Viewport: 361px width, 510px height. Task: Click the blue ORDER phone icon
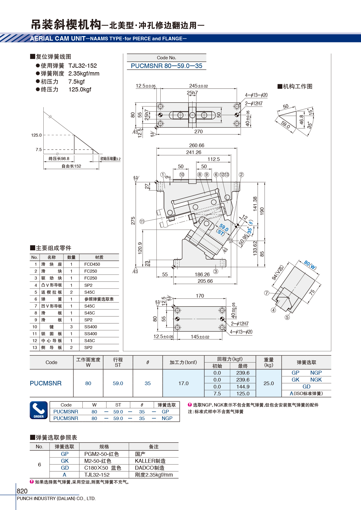[x=39, y=410]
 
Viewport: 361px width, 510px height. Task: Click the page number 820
[x=22, y=491]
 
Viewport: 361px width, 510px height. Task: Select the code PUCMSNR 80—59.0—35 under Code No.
[x=166, y=66]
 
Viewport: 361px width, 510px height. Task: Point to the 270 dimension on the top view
[x=199, y=131]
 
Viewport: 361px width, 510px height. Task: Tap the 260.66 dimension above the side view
[x=197, y=145]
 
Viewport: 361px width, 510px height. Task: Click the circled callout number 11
[x=142, y=221]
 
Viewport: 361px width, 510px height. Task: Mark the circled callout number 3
[x=216, y=271]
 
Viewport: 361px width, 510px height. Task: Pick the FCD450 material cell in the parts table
[x=92, y=264]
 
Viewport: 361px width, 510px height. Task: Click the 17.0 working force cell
[x=184, y=383]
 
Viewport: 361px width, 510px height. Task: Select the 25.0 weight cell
[x=269, y=383]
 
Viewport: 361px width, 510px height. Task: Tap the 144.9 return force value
[x=243, y=387]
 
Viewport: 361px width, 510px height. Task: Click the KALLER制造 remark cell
[x=150, y=461]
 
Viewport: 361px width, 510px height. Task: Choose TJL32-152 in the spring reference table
[x=97, y=475]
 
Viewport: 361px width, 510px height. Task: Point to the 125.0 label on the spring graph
[x=36, y=135]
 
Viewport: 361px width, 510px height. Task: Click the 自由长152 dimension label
[x=71, y=166]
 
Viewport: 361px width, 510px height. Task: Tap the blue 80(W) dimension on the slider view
[x=310, y=265]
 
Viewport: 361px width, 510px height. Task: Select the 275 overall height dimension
[x=133, y=221]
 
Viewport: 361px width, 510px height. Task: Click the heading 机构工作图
[x=298, y=87]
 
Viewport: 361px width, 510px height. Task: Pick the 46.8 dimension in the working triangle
[x=301, y=120]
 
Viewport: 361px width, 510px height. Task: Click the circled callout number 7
[x=267, y=293]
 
